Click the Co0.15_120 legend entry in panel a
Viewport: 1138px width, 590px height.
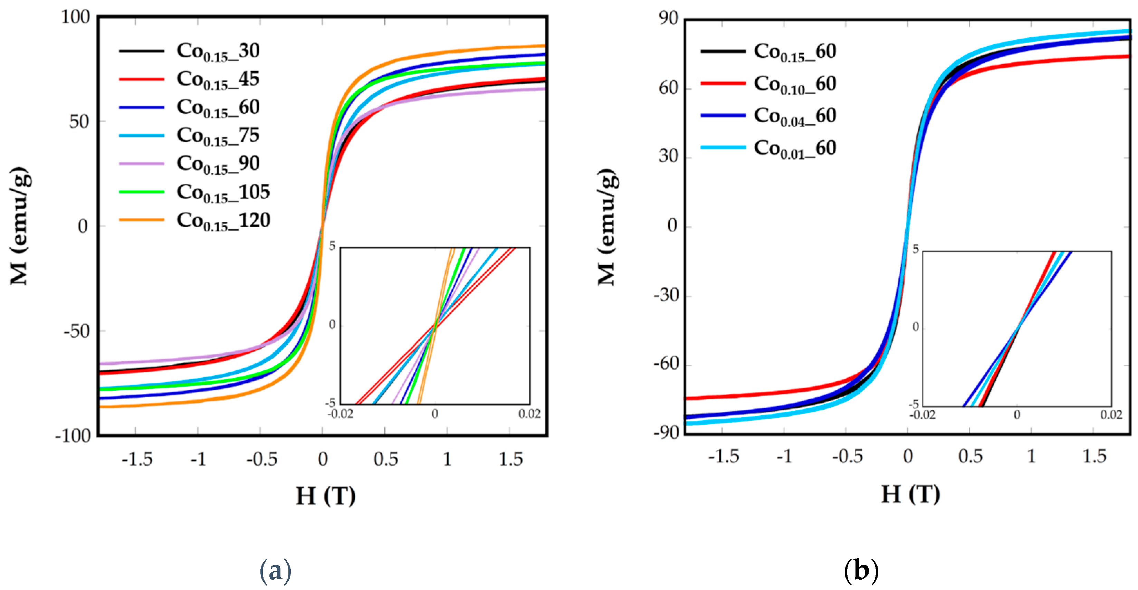pyautogui.click(x=223, y=220)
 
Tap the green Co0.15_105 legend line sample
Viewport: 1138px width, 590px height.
pyautogui.click(x=141, y=192)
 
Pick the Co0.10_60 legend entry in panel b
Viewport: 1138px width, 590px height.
pyautogui.click(x=794, y=84)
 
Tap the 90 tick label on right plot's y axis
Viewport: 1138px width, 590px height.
pyautogui.click(x=668, y=19)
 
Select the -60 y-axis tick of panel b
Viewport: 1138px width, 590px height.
pyautogui.click(x=666, y=364)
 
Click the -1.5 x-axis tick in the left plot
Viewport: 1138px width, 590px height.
pyautogui.click(x=137, y=459)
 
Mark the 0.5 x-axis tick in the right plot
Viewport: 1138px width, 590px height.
pyautogui.click(x=970, y=456)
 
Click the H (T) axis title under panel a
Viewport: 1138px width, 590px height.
pyautogui.click(x=326, y=496)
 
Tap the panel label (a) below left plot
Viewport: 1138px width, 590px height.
pyautogui.click(x=275, y=571)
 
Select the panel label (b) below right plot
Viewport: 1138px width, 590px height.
pyautogui.click(x=861, y=571)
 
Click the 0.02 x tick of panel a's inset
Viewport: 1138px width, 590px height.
pyautogui.click(x=529, y=414)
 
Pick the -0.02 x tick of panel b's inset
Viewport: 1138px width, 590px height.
pyautogui.click(x=922, y=415)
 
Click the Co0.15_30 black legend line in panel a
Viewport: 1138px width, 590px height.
pyautogui.click(x=141, y=51)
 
